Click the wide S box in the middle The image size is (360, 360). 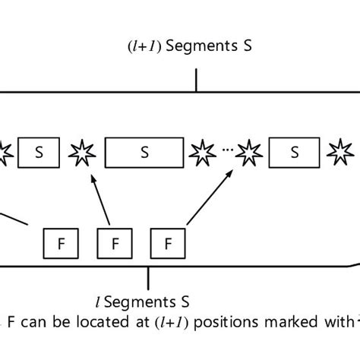click(144, 153)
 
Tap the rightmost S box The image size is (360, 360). click(294, 153)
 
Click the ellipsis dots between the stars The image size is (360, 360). click(225, 151)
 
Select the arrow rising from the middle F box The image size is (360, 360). click(103, 201)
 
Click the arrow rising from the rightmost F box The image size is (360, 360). click(208, 197)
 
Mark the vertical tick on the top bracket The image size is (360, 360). click(197, 80)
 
